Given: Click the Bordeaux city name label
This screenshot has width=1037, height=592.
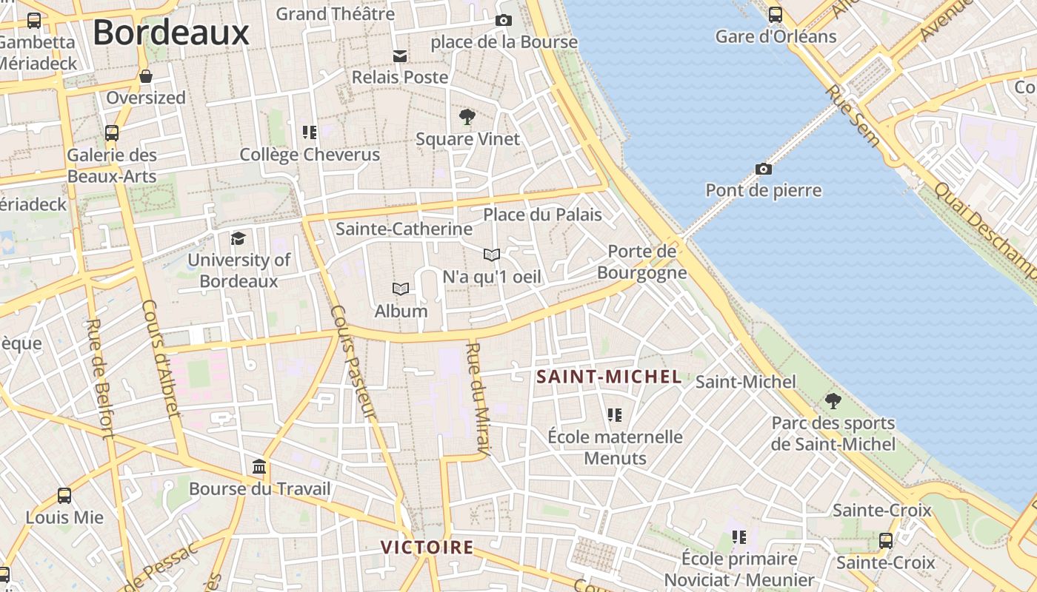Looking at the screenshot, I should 170,33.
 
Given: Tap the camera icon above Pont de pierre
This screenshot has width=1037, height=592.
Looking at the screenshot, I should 764,169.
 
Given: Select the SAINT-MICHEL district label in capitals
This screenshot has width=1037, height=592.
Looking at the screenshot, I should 609,377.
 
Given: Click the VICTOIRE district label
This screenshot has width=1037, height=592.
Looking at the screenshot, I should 427,548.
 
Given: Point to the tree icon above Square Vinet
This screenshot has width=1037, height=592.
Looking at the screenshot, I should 467,117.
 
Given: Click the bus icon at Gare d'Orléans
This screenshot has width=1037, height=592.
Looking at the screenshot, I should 775,15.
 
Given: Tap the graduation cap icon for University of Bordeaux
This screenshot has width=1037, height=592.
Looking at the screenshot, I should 238,238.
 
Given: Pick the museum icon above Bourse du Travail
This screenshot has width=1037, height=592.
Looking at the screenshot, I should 259,467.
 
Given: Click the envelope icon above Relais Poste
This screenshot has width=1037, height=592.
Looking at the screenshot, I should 400,56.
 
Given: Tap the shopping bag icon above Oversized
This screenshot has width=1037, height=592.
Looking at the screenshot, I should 146,76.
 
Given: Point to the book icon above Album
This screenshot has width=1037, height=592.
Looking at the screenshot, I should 401,289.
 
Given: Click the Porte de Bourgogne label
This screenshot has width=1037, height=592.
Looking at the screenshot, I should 642,262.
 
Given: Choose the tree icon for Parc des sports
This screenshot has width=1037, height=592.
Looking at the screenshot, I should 833,402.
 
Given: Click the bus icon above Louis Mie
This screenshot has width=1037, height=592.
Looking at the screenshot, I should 64,496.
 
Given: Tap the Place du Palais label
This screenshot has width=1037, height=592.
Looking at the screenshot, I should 542,215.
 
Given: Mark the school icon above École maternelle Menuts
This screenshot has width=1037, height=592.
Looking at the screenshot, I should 614,415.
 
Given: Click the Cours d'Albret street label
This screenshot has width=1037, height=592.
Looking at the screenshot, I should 161,358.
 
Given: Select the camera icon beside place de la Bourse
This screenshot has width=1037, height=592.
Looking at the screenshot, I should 504,21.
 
